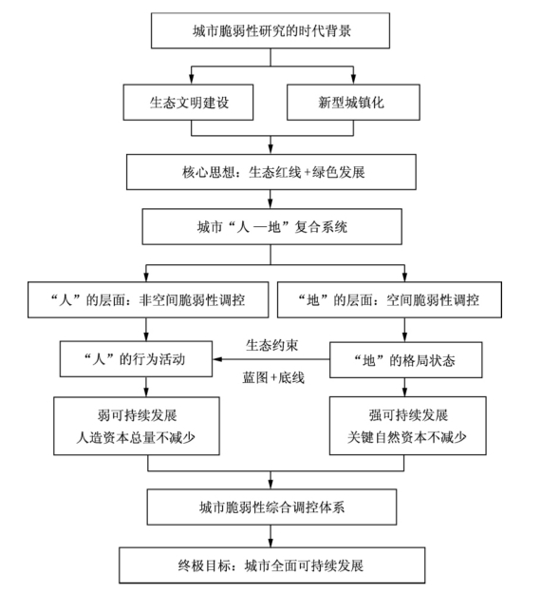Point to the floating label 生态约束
(x=271, y=345)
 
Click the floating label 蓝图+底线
(x=273, y=377)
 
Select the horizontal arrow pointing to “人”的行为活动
(x=271, y=359)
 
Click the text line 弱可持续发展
(x=137, y=415)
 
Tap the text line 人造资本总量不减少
(x=136, y=437)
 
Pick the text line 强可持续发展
(x=408, y=415)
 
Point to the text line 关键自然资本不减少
(x=407, y=437)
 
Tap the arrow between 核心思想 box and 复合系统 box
(x=271, y=200)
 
